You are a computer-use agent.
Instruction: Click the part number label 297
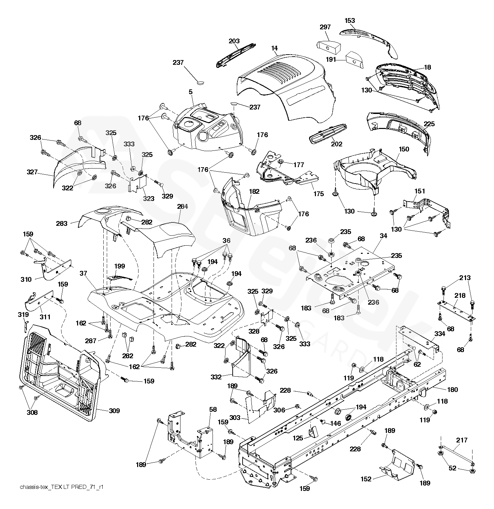[x=325, y=27]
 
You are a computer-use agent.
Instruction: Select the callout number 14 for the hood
[x=275, y=48]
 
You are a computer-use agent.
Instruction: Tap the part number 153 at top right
[x=350, y=20]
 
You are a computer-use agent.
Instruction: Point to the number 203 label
[x=234, y=41]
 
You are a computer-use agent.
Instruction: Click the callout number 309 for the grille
[x=114, y=411]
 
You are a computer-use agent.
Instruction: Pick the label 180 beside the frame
[x=452, y=390]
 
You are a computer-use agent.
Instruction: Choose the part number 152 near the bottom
[x=366, y=479]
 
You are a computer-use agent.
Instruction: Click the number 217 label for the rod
[x=462, y=440]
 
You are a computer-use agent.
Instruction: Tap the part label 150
[x=404, y=149]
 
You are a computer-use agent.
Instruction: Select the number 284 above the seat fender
[x=183, y=206]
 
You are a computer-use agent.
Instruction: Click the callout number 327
[x=32, y=172]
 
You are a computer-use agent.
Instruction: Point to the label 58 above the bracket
[x=213, y=409]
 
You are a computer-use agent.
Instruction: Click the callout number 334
[x=440, y=334]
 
